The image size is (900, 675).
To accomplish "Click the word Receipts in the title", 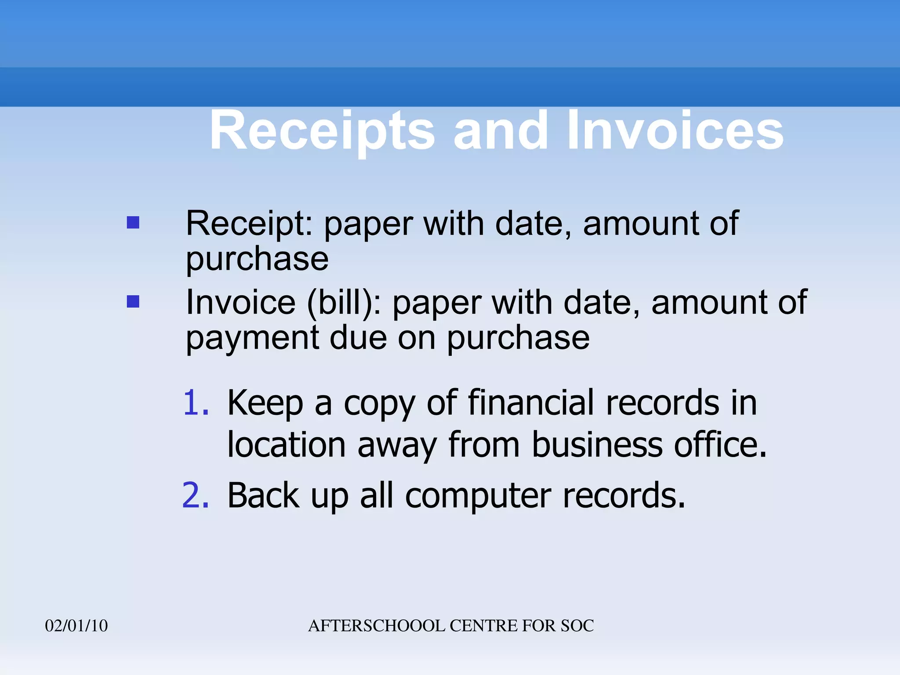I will [x=322, y=131].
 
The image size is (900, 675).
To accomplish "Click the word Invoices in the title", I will [x=675, y=131].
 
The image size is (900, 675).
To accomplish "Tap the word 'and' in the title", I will [x=501, y=131].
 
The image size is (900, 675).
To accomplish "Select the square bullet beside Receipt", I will [x=133, y=222].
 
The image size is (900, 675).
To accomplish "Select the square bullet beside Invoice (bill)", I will [x=133, y=301].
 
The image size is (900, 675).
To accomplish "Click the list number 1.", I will [x=196, y=403].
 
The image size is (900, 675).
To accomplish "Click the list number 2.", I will [x=196, y=496].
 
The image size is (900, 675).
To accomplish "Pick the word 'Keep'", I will [x=265, y=403].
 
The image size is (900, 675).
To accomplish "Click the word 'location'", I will [x=287, y=445].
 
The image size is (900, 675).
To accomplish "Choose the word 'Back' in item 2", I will [x=263, y=496].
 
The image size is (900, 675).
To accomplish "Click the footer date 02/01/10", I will [x=76, y=626].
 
